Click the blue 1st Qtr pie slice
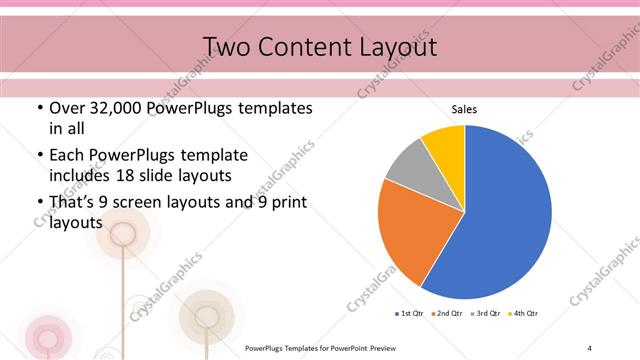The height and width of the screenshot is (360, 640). pyautogui.click(x=500, y=220)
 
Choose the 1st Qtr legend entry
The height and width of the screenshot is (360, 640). pyautogui.click(x=408, y=315)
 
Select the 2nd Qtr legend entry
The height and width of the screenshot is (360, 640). pyautogui.click(x=447, y=315)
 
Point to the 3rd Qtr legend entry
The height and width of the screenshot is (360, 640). pyautogui.click(x=486, y=315)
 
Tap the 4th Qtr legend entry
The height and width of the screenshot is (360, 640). pyautogui.click(x=524, y=315)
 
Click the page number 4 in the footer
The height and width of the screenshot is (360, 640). pyautogui.click(x=590, y=347)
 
